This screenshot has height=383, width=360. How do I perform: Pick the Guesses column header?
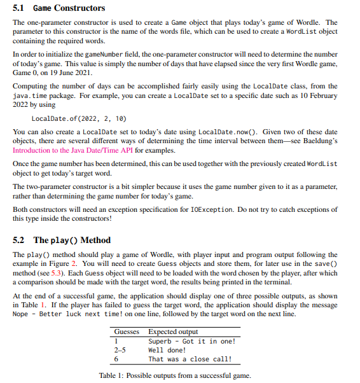(x=127, y=331)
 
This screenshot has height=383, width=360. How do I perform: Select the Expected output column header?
(x=172, y=331)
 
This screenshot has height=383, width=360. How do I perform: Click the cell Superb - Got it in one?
(x=191, y=341)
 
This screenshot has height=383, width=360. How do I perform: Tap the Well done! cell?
(x=167, y=350)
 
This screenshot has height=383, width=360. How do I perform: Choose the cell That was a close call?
(x=190, y=359)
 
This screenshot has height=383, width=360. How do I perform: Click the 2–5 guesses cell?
(x=120, y=350)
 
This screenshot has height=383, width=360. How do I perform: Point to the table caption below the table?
(x=175, y=375)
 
